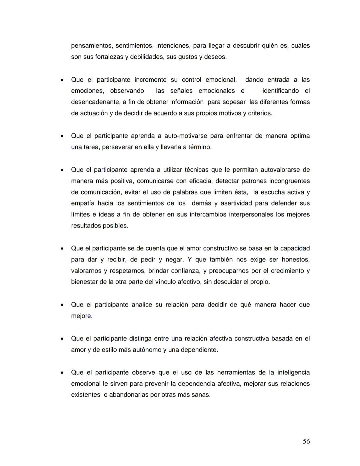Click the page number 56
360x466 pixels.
[x=306, y=441]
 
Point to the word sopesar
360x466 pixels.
[x=234, y=102]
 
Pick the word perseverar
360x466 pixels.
[x=117, y=147]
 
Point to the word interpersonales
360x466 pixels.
[x=249, y=214]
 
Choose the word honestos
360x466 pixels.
[x=296, y=260]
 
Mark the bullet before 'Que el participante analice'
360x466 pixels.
[x=62, y=305]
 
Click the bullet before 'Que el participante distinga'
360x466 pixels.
[x=62, y=339]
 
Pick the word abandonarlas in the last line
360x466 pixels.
[x=129, y=395]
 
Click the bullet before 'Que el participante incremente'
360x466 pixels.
[x=62, y=80]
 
